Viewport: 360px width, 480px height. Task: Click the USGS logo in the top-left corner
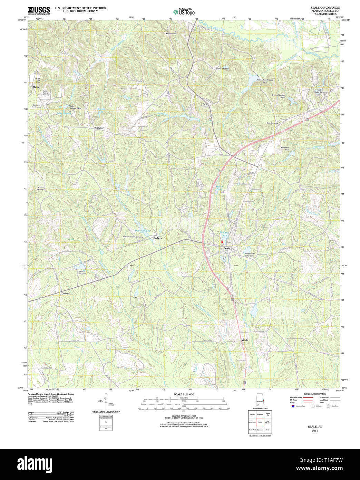point(39,10)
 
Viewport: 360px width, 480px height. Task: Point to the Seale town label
point(227,248)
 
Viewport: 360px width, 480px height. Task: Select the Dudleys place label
point(157,238)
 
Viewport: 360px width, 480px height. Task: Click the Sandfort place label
point(100,128)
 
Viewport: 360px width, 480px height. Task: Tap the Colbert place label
point(66,293)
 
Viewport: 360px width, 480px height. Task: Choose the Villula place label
point(245,340)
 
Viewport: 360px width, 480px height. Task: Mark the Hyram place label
point(37,87)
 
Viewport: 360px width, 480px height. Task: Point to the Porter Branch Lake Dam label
point(265,81)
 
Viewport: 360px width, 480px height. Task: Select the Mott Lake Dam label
point(319,91)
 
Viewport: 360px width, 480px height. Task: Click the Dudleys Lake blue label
point(142,230)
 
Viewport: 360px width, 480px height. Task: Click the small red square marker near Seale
point(222,242)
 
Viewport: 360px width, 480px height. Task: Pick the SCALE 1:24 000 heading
point(184,394)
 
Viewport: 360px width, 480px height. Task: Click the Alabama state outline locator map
point(260,401)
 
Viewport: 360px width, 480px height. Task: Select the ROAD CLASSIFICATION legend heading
point(314,394)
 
